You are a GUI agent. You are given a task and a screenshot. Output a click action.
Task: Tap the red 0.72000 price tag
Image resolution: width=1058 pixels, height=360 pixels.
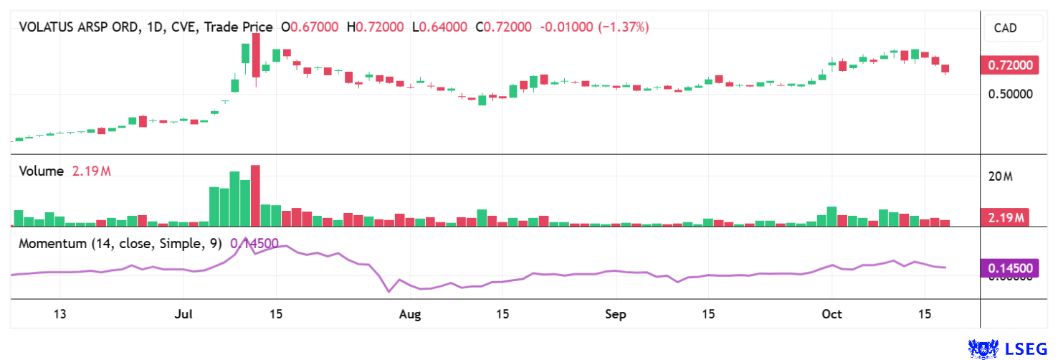pos(1011,66)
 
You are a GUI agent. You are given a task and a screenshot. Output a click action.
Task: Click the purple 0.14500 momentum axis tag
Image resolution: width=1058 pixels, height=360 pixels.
pos(1011,268)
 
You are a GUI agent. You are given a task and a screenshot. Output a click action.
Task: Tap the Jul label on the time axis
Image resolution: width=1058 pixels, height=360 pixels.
pos(184,314)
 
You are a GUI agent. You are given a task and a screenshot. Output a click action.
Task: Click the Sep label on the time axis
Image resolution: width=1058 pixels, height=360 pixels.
pos(616,314)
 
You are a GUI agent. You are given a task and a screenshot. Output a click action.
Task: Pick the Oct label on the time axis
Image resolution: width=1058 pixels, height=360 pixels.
pos(831,314)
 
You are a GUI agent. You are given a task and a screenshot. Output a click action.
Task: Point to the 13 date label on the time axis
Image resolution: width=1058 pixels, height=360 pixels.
pos(59,314)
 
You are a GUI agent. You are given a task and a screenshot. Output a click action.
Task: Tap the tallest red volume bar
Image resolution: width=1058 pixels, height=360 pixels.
pos(255,196)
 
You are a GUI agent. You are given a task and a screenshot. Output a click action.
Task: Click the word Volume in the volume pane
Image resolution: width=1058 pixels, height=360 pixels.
pos(42,171)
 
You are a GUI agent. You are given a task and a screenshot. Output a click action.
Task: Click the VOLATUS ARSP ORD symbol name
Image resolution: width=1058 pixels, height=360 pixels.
pos(79,27)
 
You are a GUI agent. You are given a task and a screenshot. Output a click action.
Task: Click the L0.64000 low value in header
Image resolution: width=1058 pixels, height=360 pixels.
pos(439,27)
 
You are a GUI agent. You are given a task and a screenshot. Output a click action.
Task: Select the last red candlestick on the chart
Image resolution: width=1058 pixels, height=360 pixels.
pos(945,70)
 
